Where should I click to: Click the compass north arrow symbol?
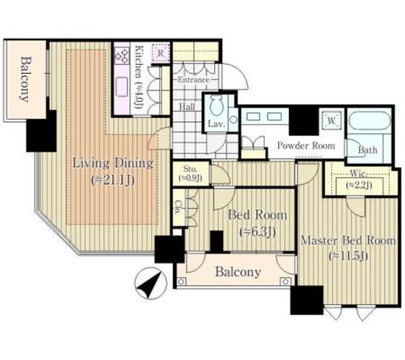[x=151, y=283]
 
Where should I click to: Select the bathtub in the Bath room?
[x=370, y=121]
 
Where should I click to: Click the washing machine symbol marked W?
[x=332, y=120]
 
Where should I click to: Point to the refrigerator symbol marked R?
[x=161, y=53]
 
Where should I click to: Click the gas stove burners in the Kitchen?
[x=121, y=56]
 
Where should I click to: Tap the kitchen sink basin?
[x=121, y=87]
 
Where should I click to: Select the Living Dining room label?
[x=113, y=164]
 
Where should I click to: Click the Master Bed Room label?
[x=348, y=240]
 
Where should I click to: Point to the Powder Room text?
[x=306, y=146]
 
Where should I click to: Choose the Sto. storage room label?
[x=190, y=170]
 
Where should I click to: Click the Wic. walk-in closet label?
[x=359, y=173]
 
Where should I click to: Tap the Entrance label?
[x=194, y=80]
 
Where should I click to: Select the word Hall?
[x=187, y=106]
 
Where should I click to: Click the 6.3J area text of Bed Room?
[x=258, y=232]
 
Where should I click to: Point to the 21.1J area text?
[x=113, y=180]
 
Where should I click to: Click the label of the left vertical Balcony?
[x=26, y=79]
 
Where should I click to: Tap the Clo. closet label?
[x=177, y=208]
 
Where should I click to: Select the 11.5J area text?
[x=348, y=256]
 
